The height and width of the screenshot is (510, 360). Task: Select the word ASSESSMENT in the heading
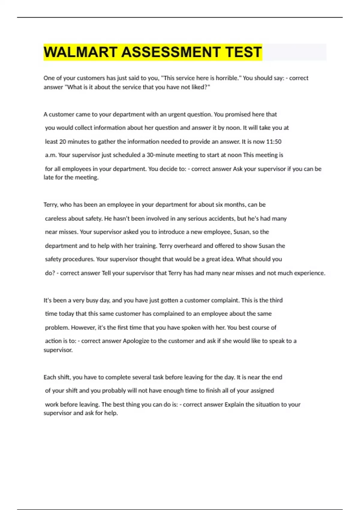(x=171, y=52)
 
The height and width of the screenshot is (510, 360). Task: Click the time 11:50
(x=274, y=142)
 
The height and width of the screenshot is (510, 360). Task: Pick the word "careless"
(x=56, y=218)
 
